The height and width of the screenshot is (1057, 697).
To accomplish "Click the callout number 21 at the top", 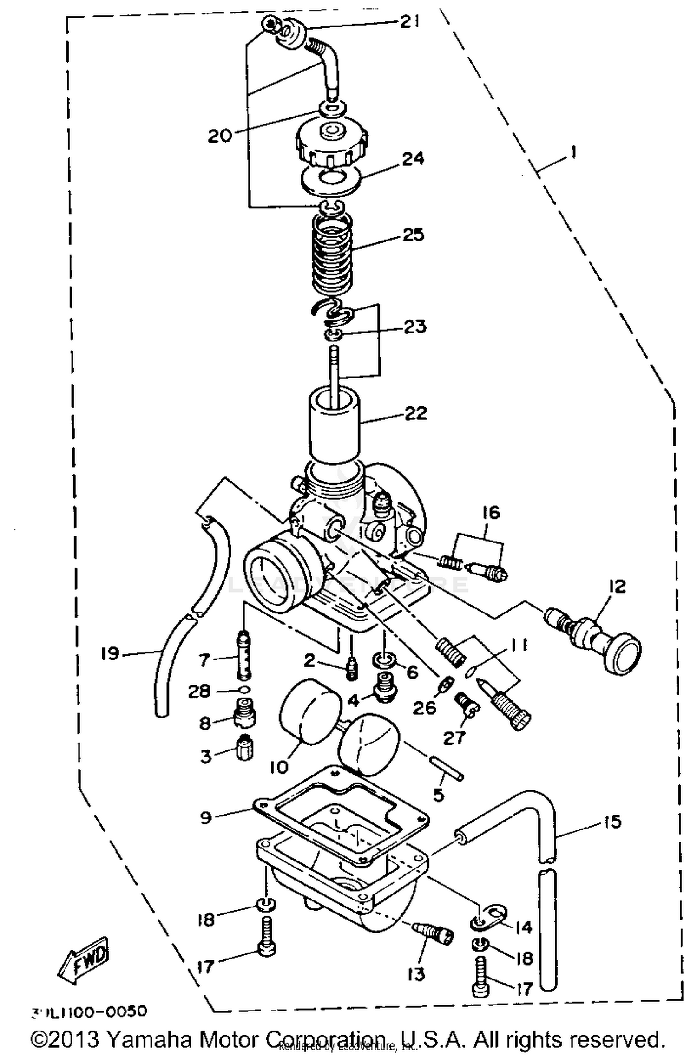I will pyautogui.click(x=409, y=22).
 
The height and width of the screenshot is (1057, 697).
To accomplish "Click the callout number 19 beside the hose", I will pyautogui.click(x=111, y=654).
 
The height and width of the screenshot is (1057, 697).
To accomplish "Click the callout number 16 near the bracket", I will pyautogui.click(x=491, y=513).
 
